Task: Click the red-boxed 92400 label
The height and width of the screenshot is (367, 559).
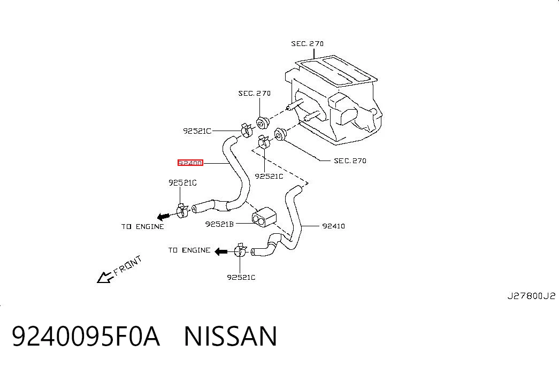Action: (190, 163)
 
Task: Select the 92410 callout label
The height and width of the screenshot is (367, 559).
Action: (333, 226)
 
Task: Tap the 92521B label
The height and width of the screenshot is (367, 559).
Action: (219, 224)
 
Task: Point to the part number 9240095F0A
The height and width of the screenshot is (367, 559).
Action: (86, 336)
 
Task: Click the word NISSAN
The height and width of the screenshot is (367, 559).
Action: (231, 336)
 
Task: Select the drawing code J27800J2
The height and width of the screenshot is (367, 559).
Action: (531, 296)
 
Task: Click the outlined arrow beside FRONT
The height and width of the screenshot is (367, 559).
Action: (104, 277)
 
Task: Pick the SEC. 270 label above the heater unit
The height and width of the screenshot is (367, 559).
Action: (307, 43)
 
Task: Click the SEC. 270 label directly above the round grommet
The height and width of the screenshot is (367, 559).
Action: (255, 93)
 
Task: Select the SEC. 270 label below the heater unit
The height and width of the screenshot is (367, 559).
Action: (350, 160)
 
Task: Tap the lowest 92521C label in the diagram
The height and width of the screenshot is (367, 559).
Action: (241, 277)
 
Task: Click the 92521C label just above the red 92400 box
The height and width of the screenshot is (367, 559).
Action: (197, 131)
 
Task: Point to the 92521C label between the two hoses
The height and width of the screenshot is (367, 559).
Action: (269, 176)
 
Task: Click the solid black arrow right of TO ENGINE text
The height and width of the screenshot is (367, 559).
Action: (221, 251)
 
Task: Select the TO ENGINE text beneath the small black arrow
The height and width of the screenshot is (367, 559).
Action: (143, 226)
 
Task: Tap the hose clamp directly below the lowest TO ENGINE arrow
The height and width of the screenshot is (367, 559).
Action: (241, 250)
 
